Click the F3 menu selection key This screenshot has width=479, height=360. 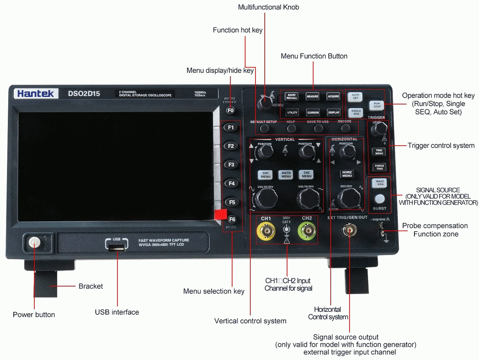click(232, 164)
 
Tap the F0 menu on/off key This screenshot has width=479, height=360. click(230, 110)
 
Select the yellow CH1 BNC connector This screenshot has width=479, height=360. click(266, 231)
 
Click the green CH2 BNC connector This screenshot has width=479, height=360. click(307, 231)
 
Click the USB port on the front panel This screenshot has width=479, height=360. click(117, 248)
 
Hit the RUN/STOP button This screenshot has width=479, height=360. click(377, 105)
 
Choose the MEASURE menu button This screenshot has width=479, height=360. click(312, 97)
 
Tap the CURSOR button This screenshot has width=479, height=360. click(313, 112)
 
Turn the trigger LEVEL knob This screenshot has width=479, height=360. click(378, 131)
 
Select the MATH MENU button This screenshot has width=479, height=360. click(286, 175)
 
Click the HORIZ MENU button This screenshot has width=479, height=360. click(347, 174)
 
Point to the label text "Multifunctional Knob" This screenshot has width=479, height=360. click(268, 7)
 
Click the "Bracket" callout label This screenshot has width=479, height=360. click(91, 286)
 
